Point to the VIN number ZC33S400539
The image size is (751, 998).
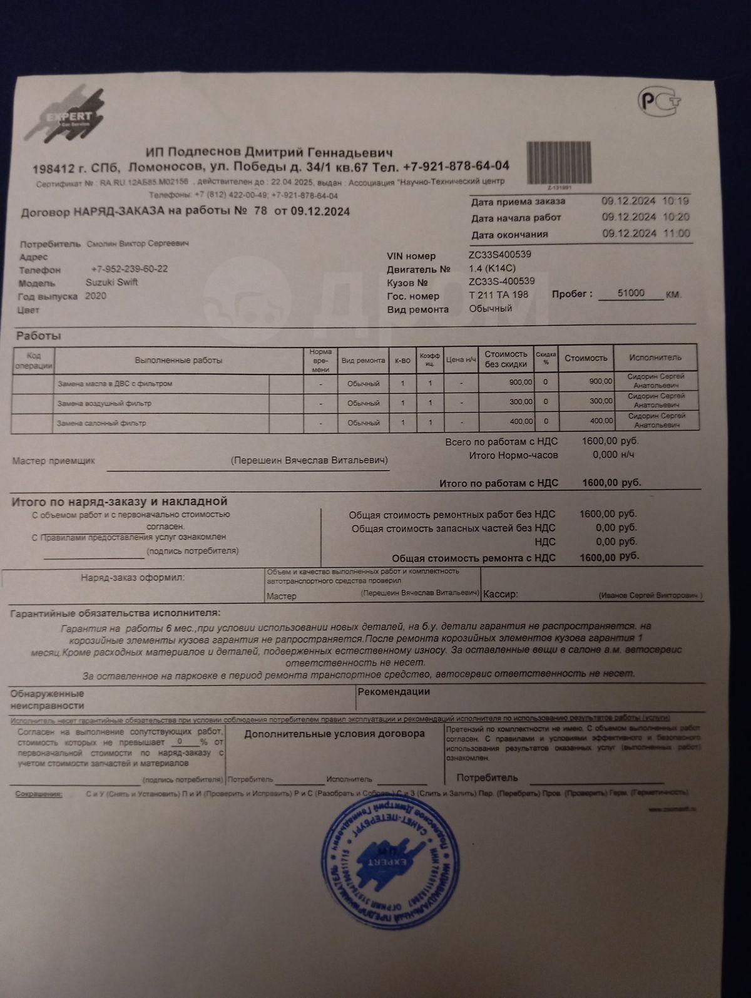click(500, 255)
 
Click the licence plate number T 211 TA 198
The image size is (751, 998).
click(498, 295)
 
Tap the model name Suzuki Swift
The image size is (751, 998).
click(111, 282)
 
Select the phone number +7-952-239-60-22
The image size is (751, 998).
click(129, 269)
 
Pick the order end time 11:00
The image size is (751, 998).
click(677, 234)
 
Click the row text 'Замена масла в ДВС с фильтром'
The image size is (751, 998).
click(115, 383)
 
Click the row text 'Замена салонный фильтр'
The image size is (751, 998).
click(101, 423)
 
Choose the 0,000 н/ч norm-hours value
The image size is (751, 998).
click(605, 455)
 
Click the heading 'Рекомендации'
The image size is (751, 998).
click(394, 692)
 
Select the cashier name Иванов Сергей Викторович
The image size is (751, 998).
click(650, 595)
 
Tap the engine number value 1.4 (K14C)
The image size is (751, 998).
click(493, 268)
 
